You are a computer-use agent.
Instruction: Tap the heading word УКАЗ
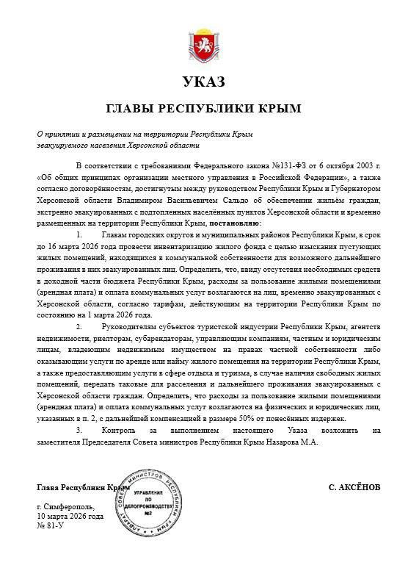(203, 81)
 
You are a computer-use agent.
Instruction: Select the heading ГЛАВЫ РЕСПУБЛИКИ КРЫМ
(203, 108)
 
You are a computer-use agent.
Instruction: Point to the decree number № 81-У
(51, 526)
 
